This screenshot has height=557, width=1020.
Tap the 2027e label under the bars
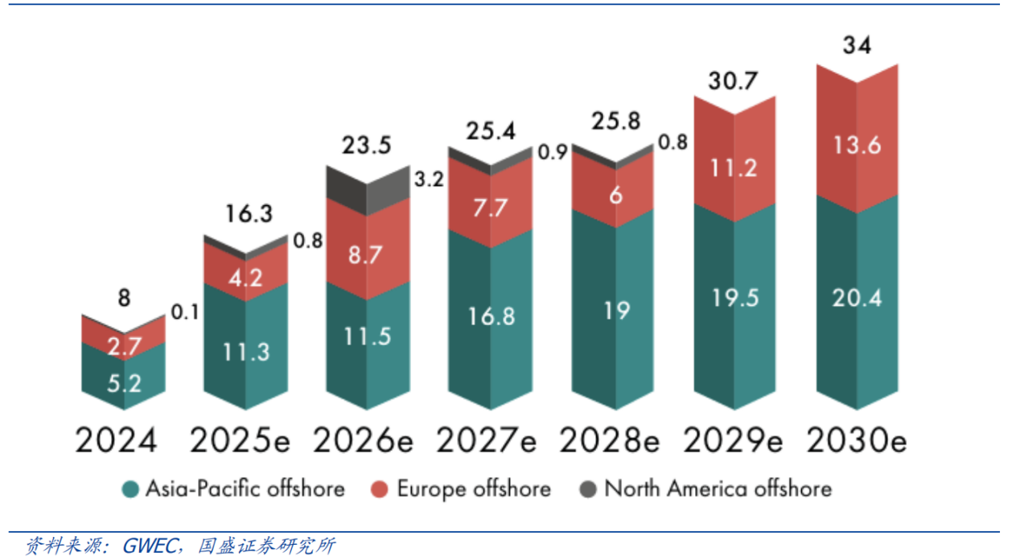[x=486, y=440]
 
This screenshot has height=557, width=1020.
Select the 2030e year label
[x=856, y=440]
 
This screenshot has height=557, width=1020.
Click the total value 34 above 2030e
[x=858, y=46]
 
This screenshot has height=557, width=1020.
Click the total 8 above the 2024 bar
[x=123, y=298]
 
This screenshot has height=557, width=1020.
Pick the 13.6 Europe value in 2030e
[x=858, y=146]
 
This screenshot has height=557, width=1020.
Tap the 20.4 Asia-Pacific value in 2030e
[x=858, y=298]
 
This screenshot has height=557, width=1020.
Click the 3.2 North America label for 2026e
[x=427, y=179]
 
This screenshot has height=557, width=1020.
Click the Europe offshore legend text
[x=474, y=489]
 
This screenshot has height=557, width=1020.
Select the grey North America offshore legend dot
[x=588, y=489]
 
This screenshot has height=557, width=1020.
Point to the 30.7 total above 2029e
[x=734, y=80]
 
